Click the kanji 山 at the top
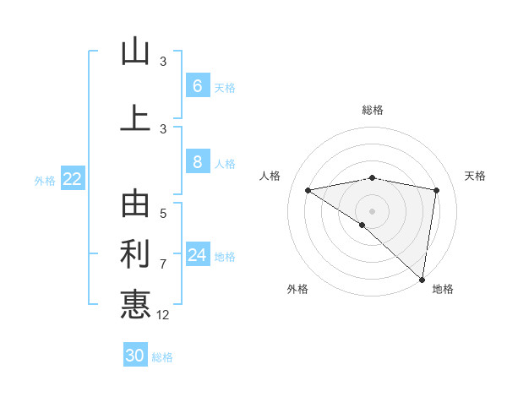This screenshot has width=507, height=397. [x=135, y=52]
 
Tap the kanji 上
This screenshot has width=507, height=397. [x=135, y=117]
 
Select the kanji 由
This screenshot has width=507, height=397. [x=135, y=204]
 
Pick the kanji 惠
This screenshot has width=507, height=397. [x=135, y=304]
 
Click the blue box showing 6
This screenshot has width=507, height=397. [x=197, y=85]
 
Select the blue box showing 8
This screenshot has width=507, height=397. [x=197, y=162]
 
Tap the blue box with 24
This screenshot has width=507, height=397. [x=197, y=255]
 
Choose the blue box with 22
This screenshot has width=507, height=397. [x=73, y=179]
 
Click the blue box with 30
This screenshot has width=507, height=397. [x=135, y=356]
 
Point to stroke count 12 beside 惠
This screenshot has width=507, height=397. [x=163, y=315]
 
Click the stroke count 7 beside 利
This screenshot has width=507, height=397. [x=163, y=264]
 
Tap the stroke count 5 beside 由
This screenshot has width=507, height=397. [x=163, y=214]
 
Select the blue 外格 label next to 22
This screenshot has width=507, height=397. [x=45, y=180]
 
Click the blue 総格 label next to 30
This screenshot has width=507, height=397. [x=162, y=357]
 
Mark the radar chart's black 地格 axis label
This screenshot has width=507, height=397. [x=443, y=290]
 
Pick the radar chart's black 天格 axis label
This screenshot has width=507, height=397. [x=475, y=176]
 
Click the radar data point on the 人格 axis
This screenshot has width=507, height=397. [x=308, y=190]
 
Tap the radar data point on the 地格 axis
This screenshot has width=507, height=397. [x=422, y=279]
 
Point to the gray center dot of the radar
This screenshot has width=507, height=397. [x=372, y=209]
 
